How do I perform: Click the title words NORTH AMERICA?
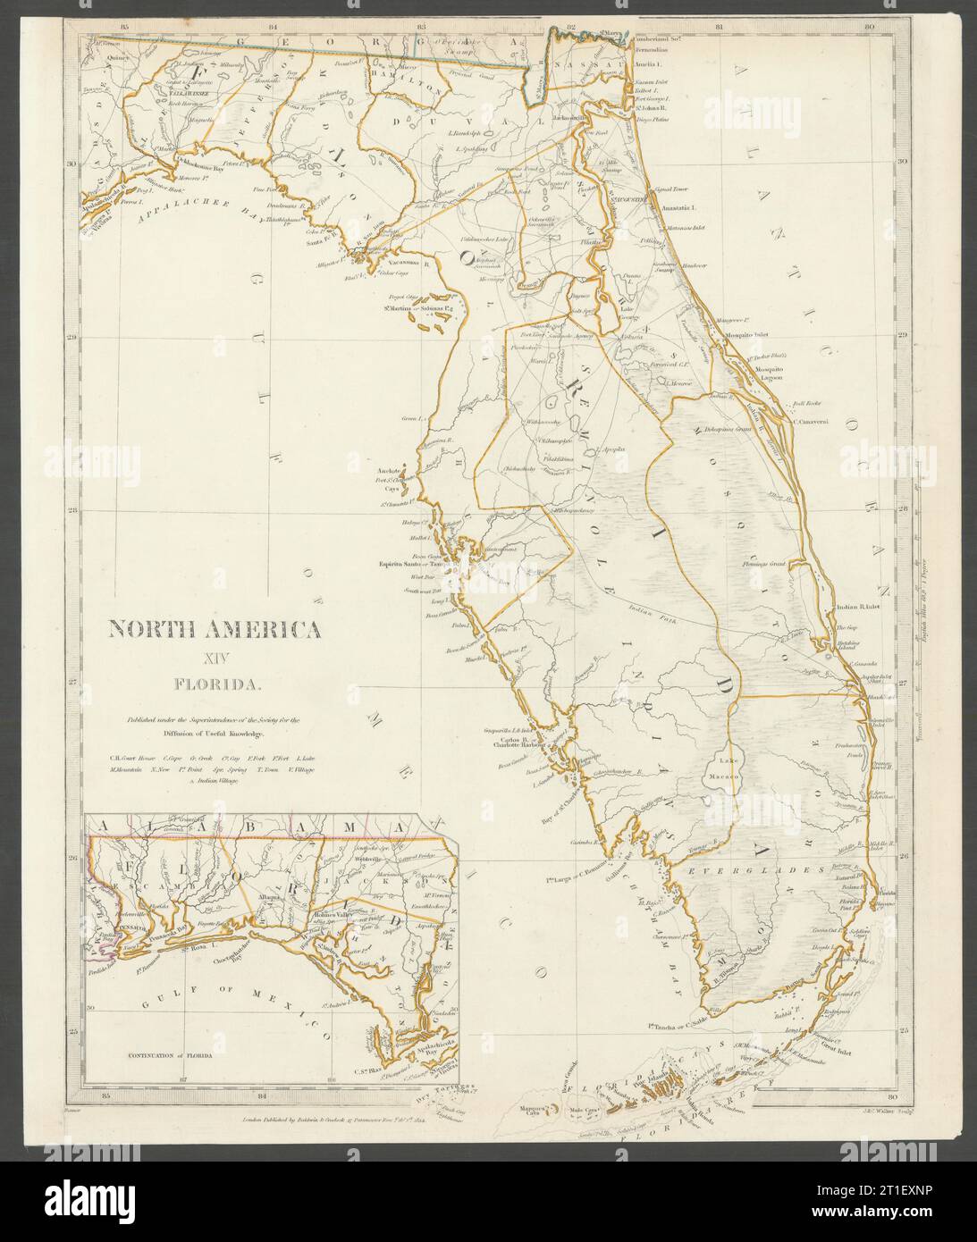[215, 629]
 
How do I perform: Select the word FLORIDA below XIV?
[215, 685]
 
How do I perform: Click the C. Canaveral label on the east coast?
[812, 413]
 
